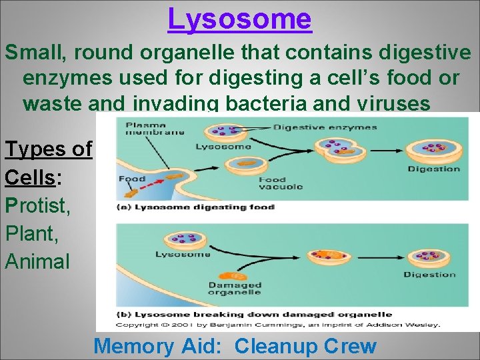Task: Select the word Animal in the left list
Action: click(37, 261)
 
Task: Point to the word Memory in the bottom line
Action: click(133, 346)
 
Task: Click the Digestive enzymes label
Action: click(325, 127)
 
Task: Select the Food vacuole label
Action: click(279, 183)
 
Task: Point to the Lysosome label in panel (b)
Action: click(183, 254)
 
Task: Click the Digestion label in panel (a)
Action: click(433, 169)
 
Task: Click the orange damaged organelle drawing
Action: click(235, 273)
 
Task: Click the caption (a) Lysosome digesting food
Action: click(195, 207)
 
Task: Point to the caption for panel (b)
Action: click(253, 314)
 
